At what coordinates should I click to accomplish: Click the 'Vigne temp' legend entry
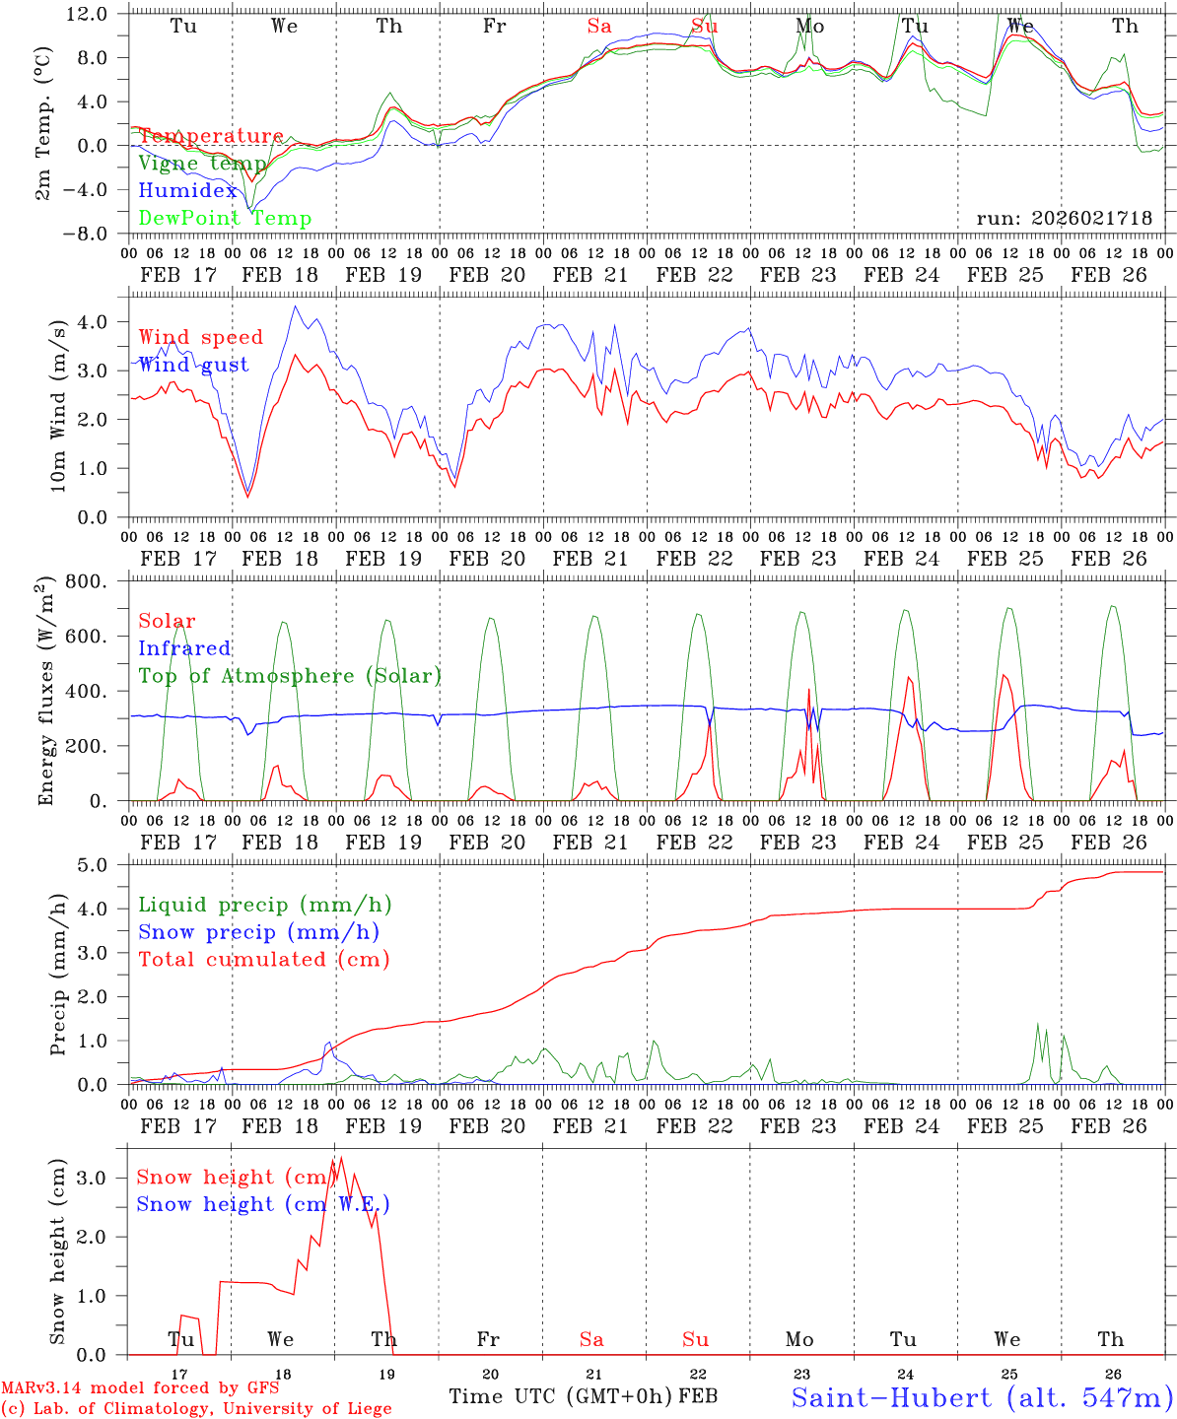202,164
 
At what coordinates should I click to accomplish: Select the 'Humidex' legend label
187,191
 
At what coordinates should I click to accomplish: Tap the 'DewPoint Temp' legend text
225,219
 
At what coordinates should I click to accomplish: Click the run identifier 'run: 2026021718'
1064,219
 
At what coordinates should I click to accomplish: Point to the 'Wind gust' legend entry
193,366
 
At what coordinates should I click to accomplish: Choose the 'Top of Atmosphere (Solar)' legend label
290,676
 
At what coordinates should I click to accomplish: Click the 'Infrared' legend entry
184,648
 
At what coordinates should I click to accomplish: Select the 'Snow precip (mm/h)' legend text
258,932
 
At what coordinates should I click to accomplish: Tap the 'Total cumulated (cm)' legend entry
263,960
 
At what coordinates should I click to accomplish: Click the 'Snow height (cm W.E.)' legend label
263,1204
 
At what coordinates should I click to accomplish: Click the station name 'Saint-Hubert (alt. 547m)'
982,1397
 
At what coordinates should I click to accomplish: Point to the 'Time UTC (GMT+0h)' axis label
560,1397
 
